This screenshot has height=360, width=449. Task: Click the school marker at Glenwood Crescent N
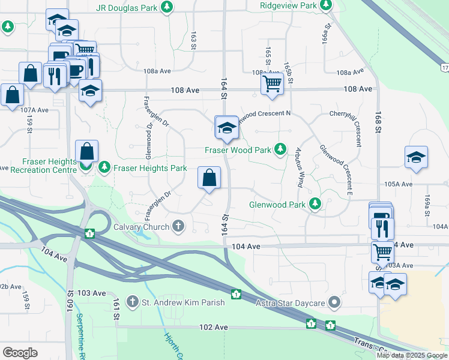226,127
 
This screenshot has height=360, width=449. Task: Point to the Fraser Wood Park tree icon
280,149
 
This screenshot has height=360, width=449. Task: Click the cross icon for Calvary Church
178,227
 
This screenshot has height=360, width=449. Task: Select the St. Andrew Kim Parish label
184,302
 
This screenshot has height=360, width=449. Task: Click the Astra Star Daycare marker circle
334,302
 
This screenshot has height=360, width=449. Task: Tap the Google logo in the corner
20,352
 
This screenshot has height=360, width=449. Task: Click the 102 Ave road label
214,328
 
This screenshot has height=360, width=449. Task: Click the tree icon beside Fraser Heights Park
104,166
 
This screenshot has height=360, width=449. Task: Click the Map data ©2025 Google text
412,355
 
